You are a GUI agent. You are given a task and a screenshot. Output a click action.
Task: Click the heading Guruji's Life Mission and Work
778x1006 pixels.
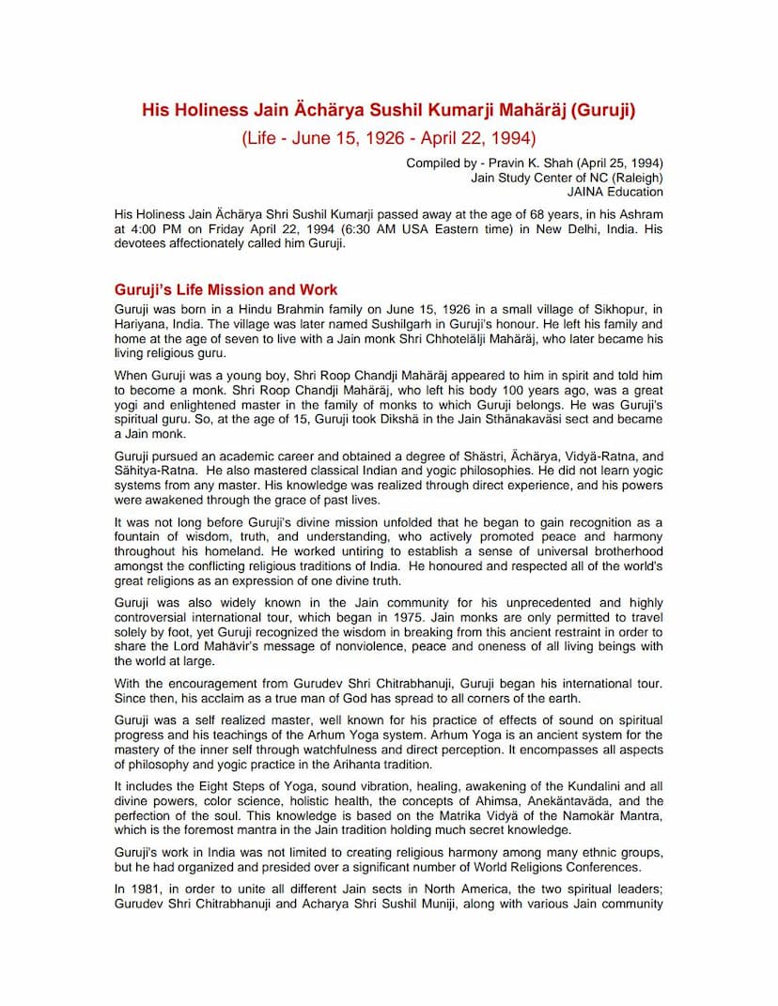point(226,289)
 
